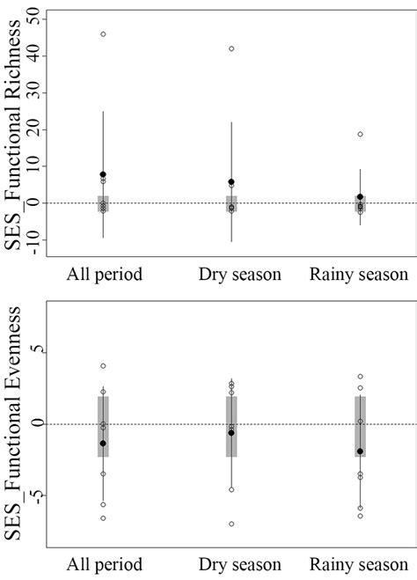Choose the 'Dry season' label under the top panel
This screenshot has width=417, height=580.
231,274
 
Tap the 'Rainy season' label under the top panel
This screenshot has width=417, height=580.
359,274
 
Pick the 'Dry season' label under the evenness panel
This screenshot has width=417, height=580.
231,563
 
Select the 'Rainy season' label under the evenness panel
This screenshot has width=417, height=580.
359,563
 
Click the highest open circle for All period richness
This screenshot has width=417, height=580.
103,34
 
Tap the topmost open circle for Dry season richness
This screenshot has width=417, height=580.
231,48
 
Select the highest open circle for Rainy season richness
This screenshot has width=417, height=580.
360,134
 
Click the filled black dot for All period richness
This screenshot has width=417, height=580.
103,174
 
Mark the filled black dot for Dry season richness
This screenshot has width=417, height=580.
231,182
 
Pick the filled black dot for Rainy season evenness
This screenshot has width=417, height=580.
360,452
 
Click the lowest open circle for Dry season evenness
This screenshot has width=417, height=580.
231,524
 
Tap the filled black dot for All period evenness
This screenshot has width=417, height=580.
103,444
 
